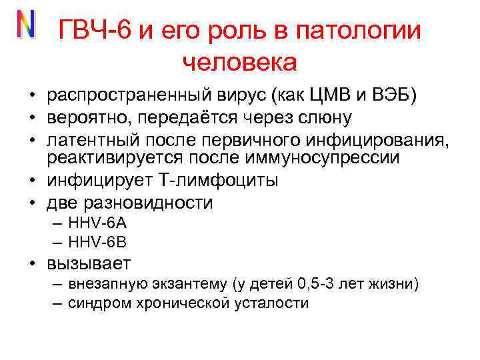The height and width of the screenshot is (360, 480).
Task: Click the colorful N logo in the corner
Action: [25, 25]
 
